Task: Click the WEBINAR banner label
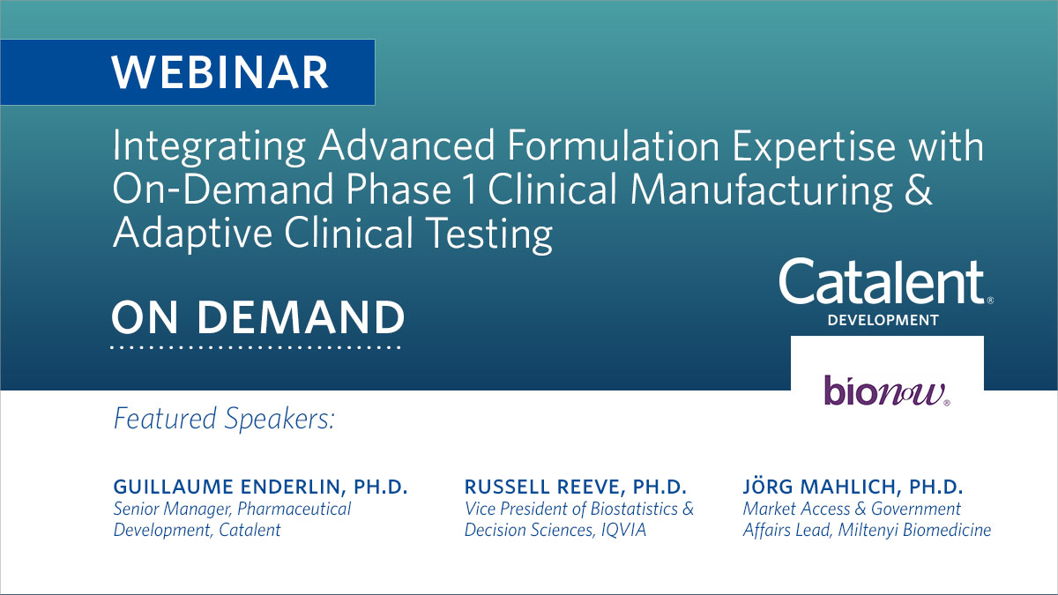[x=220, y=72]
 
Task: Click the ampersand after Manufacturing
[x=917, y=192]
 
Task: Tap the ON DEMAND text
[x=257, y=316]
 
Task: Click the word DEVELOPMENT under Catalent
[x=883, y=321]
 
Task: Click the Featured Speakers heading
[x=224, y=418]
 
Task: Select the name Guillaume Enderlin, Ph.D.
[x=260, y=487]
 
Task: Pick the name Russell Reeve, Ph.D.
[x=575, y=487]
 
